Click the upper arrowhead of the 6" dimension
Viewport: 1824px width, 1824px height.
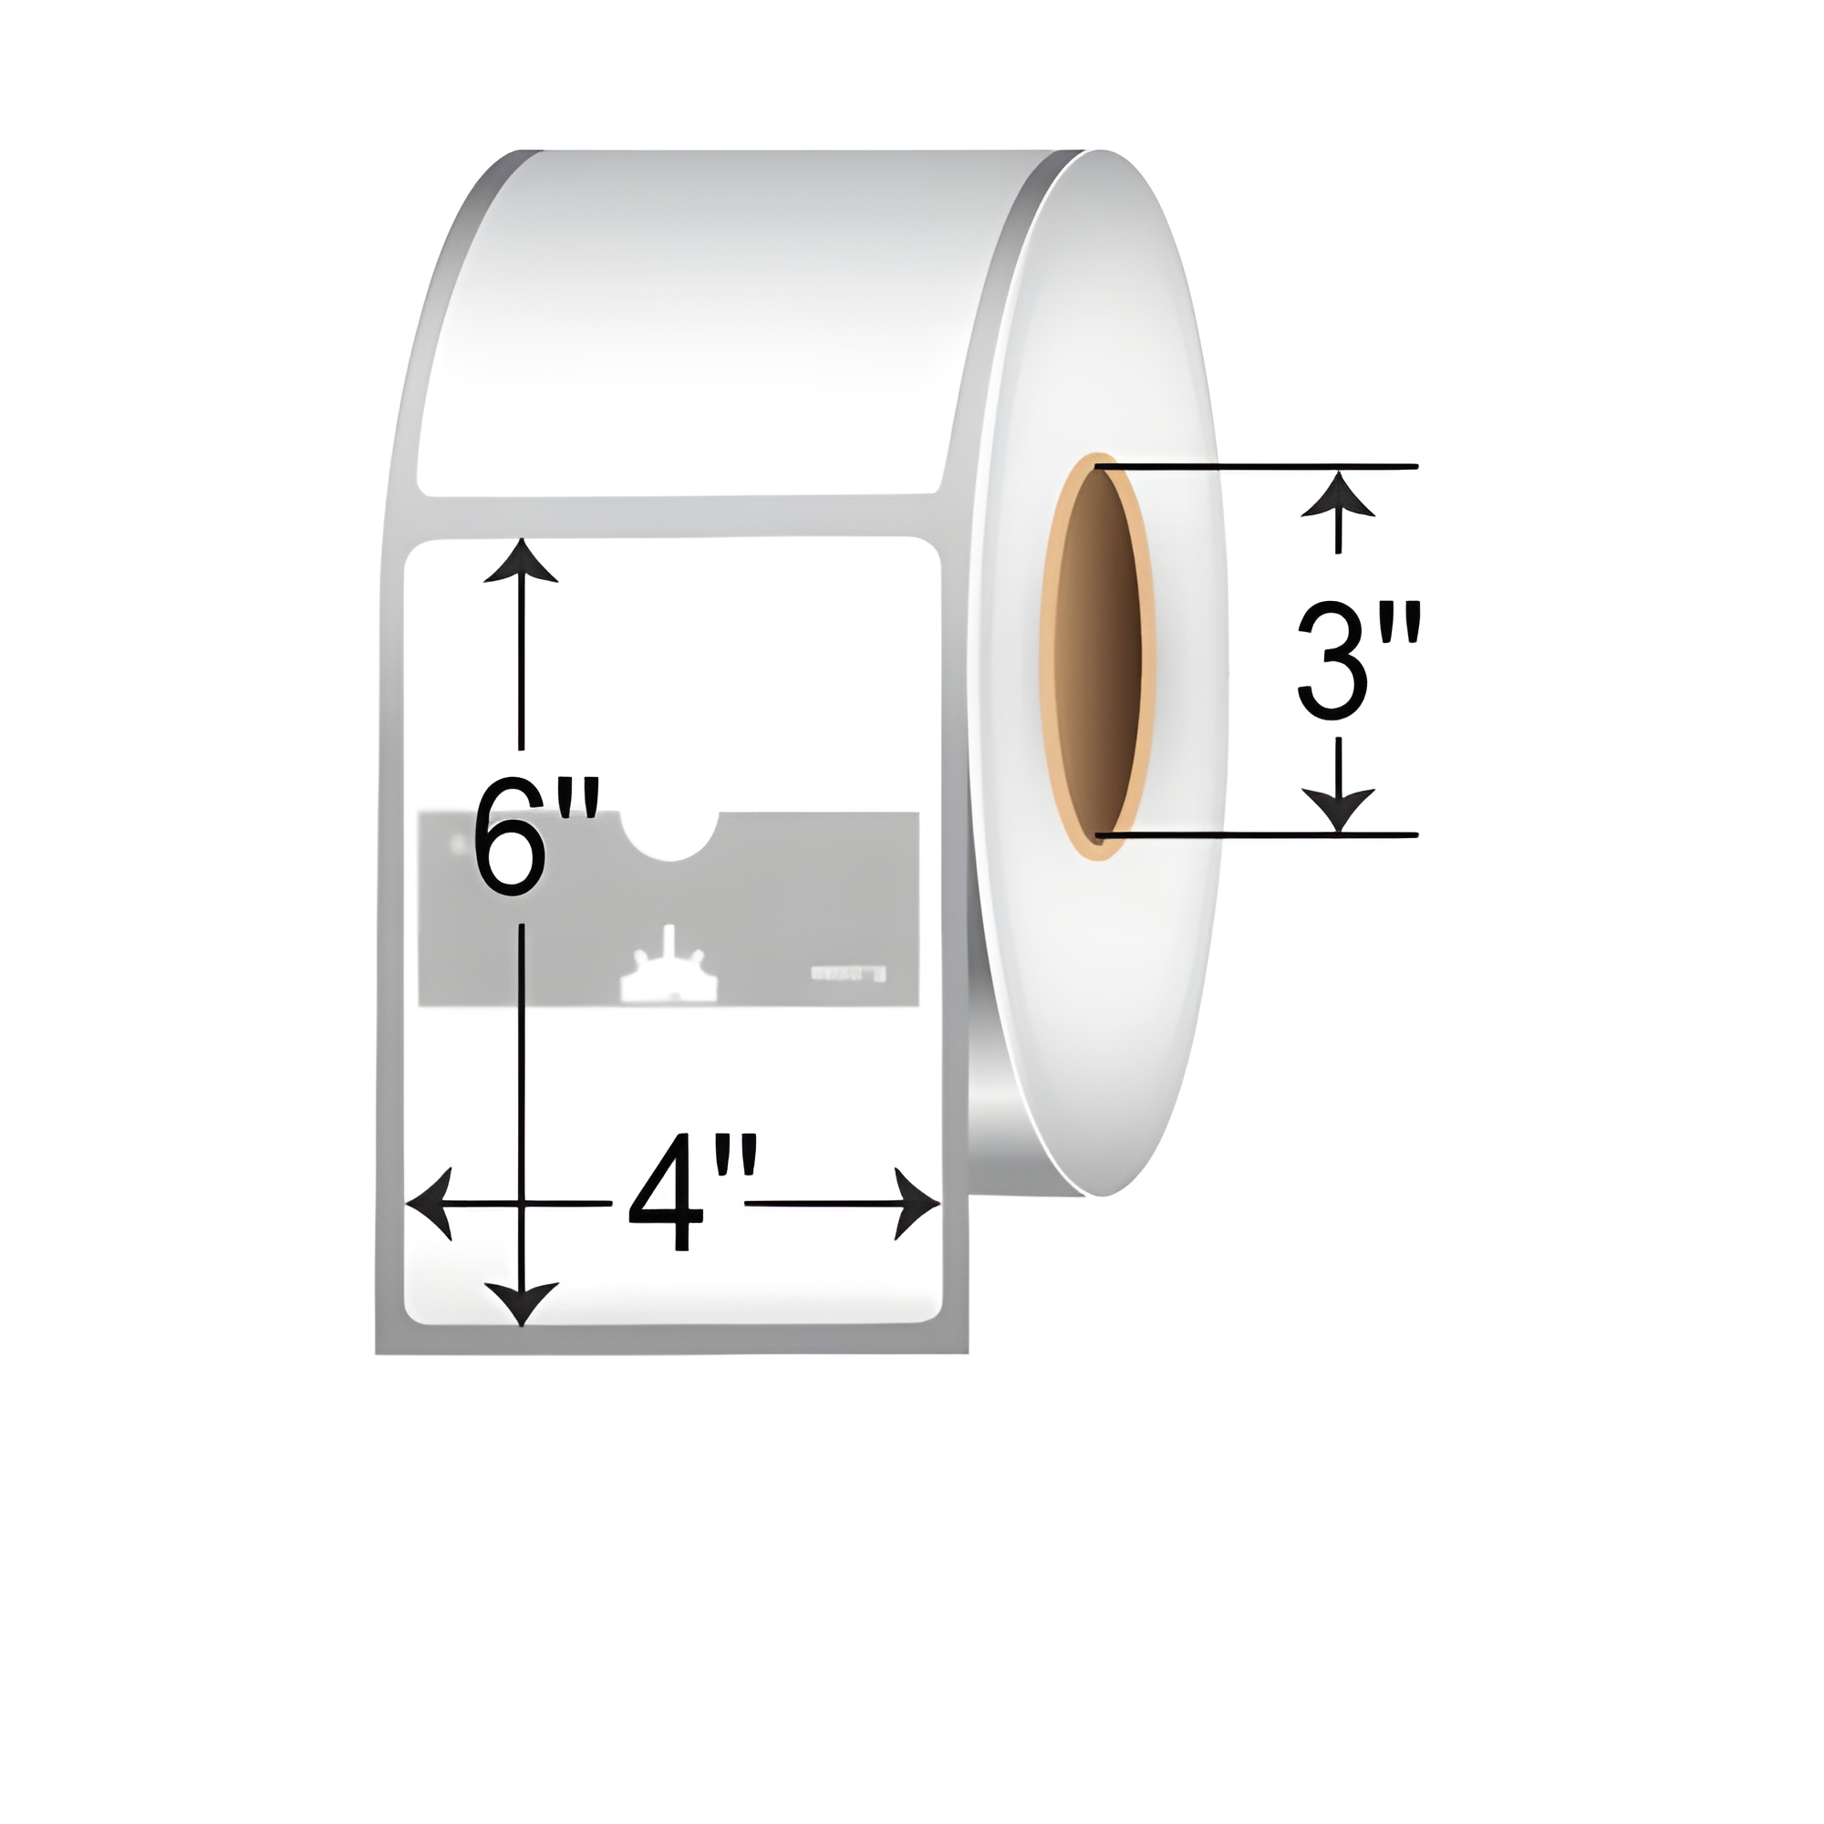521,562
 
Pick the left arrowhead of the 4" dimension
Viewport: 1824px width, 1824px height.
429,1204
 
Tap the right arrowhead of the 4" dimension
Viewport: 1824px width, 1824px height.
917,1204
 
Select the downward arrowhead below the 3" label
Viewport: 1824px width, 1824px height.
1338,810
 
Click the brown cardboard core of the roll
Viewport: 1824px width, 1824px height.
1097,656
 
